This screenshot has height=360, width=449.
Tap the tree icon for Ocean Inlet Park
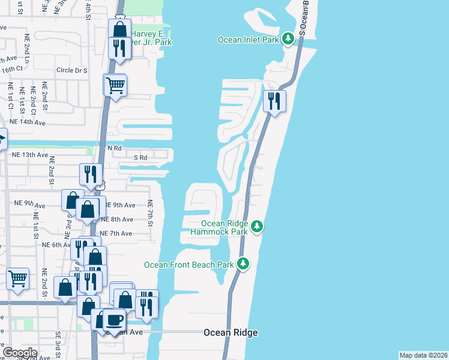(289, 39)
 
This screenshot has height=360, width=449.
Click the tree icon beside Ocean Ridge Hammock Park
(257, 226)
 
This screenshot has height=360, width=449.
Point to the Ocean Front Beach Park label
(188, 264)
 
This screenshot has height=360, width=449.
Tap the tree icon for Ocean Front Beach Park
(243, 263)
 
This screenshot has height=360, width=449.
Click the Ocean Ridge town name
(231, 332)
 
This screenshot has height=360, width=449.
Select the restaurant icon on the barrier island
(274, 100)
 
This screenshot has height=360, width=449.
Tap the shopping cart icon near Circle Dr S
(115, 85)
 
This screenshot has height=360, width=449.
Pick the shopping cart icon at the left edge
(18, 278)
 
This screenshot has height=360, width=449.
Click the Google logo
(20, 353)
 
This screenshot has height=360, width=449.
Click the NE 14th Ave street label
(25, 122)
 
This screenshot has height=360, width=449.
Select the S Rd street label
(140, 158)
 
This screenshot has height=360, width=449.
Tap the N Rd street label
(114, 148)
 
